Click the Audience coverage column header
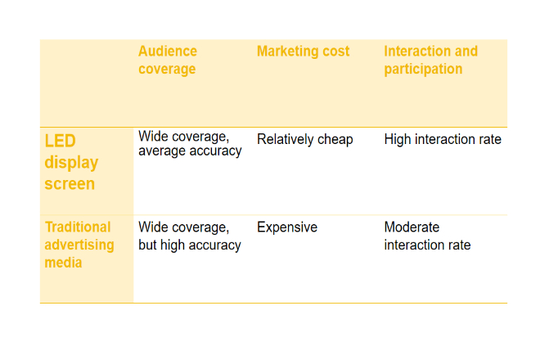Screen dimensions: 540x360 pos(168,60)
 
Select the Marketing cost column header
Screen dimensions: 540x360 pos(303,52)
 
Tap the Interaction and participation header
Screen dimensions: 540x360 pos(431,60)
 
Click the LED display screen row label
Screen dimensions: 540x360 pos(71,162)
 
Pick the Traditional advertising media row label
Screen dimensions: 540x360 pos(79,245)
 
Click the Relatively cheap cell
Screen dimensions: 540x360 pos(305,140)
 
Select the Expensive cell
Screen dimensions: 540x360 pos(287,227)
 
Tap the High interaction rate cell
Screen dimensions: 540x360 pos(443,139)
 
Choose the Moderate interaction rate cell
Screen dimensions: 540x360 pos(427,236)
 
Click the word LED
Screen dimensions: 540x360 pos(60,141)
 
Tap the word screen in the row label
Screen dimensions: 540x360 pos(70,183)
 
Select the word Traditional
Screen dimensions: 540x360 pos(78,227)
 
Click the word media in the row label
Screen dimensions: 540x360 pos(63,263)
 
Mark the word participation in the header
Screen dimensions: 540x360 pos(423,70)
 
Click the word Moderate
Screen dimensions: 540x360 pos(412,227)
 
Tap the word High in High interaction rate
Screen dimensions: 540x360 pos(398,140)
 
